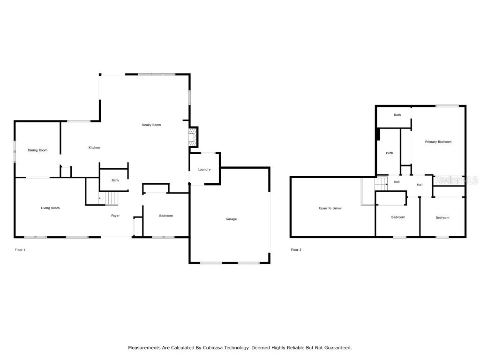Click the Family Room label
pyautogui.click(x=151, y=125)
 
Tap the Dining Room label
pyautogui.click(x=37, y=150)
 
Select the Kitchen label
pyautogui.click(x=94, y=148)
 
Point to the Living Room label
pyautogui.click(x=50, y=208)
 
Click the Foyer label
pyautogui.click(x=115, y=216)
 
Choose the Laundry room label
pyautogui.click(x=204, y=169)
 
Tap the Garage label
pyautogui.click(x=231, y=219)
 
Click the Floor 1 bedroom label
pyautogui.click(x=166, y=216)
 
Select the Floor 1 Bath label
pyautogui.click(x=115, y=180)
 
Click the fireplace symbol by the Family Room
pyautogui.click(x=192, y=137)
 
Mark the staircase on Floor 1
pyautogui.click(x=110, y=199)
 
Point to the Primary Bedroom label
pyautogui.click(x=438, y=142)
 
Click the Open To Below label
pyautogui.click(x=330, y=208)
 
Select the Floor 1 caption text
pyautogui.click(x=20, y=250)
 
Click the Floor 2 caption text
pyautogui.click(x=296, y=250)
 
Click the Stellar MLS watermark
pyautogui.click(x=457, y=180)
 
